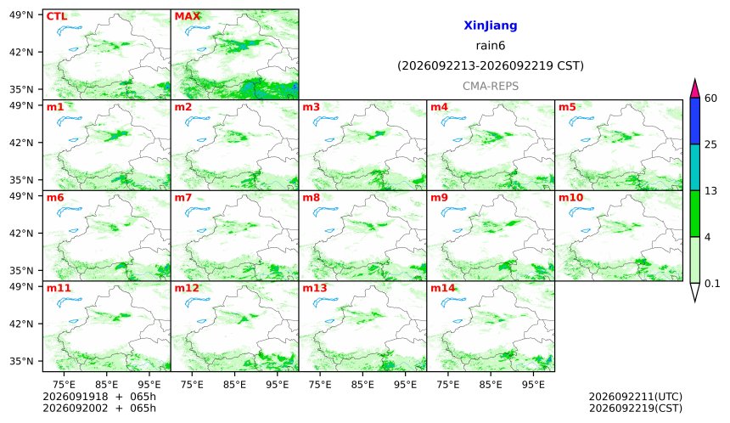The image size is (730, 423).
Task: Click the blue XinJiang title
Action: (x=491, y=25)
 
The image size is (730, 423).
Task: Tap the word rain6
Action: (x=491, y=46)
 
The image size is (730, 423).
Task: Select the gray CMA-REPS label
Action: (x=491, y=86)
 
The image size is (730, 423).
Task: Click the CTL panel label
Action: (x=57, y=16)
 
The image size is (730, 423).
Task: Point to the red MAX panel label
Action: (x=187, y=16)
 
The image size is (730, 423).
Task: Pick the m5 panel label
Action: (x=567, y=107)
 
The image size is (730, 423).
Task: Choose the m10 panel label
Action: (x=570, y=197)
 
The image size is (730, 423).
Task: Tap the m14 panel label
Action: (x=443, y=288)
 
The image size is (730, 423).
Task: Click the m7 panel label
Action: (x=183, y=197)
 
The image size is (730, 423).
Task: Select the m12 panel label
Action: (x=187, y=288)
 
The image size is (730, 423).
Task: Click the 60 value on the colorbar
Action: (x=711, y=99)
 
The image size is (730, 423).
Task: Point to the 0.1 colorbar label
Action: (x=712, y=283)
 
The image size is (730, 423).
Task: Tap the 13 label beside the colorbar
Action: (x=710, y=190)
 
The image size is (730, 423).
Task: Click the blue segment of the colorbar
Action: (x=695, y=121)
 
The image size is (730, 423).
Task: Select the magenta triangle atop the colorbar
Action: (x=695, y=89)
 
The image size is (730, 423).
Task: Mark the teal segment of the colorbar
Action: (x=695, y=167)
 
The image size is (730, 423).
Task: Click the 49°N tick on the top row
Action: (x=21, y=15)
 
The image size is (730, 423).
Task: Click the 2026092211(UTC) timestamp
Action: (x=636, y=397)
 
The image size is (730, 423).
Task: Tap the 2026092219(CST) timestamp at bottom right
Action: (x=636, y=408)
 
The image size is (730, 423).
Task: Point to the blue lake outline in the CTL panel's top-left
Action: (x=70, y=31)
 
